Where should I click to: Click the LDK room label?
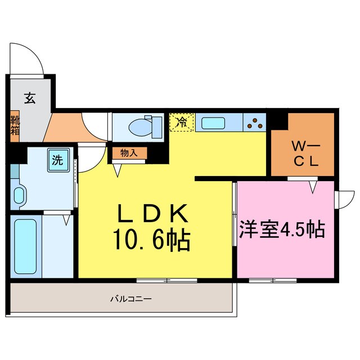(x=152, y=215)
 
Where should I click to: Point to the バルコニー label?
(x=130, y=299)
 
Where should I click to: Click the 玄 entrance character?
(x=29, y=98)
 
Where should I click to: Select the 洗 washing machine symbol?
(x=57, y=160)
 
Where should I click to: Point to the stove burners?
(x=256, y=121)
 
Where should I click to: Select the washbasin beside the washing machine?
(x=19, y=196)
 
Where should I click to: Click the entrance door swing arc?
(x=28, y=58)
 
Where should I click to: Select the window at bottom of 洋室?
(x=266, y=280)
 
